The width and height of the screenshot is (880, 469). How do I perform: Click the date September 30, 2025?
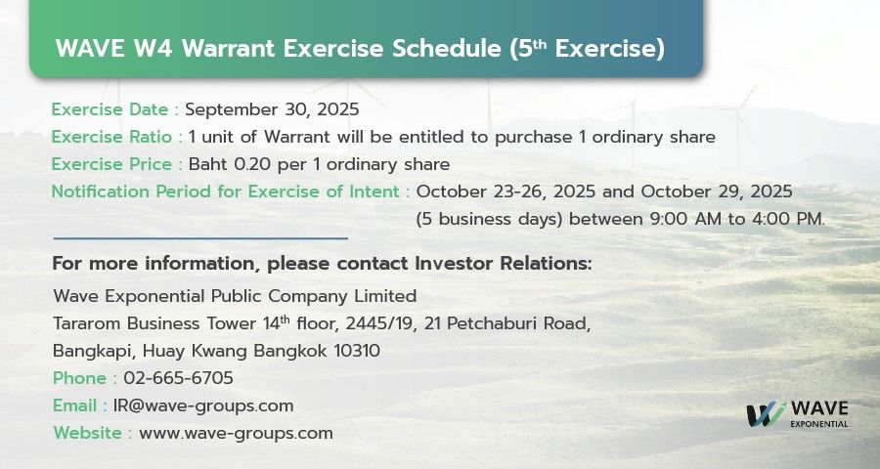272,109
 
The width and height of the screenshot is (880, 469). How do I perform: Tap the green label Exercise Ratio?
111,137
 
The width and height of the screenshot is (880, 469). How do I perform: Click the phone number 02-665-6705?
179,378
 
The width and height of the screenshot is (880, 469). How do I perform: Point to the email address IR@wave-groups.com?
203,405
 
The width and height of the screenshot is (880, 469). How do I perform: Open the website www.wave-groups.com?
236,433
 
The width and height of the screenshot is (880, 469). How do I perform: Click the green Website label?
88,433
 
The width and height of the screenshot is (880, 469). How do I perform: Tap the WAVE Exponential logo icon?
766,414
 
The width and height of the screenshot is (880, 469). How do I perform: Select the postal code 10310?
357,351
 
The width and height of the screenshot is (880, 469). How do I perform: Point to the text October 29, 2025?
717,192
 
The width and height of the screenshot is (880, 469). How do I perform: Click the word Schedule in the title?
447,48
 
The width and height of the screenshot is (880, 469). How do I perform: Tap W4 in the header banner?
154,48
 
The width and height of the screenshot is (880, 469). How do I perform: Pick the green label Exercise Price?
111,164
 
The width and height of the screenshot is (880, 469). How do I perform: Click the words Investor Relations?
504,263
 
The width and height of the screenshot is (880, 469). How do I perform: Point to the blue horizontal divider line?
200,238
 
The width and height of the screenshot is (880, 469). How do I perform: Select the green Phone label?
80,378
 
